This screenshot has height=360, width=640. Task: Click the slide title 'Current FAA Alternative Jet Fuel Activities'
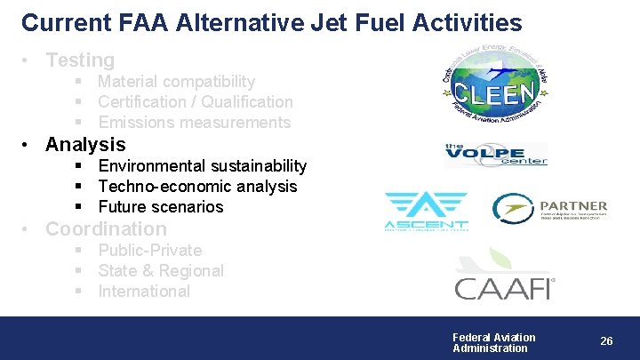click(271, 22)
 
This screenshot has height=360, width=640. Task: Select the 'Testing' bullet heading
click(80, 60)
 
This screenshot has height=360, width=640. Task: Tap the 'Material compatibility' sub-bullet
click(176, 82)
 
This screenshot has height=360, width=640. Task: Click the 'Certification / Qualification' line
click(195, 102)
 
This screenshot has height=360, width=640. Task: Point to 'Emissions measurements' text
click(194, 123)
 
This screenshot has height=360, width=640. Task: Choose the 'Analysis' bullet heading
click(85, 144)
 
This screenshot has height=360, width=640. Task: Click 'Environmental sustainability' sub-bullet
click(202, 166)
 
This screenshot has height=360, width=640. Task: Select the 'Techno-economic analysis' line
click(197, 187)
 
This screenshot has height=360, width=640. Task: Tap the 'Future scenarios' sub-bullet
click(160, 207)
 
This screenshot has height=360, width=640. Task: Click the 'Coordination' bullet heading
click(106, 229)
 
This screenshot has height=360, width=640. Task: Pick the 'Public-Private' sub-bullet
click(149, 251)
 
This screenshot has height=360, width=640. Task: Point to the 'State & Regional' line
click(160, 271)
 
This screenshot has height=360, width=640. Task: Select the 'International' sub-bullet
click(144, 292)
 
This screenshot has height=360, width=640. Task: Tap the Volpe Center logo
click(495, 155)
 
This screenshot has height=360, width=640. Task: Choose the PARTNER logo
click(550, 209)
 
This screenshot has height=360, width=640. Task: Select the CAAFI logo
click(504, 276)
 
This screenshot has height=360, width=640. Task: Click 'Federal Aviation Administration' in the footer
click(494, 342)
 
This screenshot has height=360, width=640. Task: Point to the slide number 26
click(606, 341)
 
